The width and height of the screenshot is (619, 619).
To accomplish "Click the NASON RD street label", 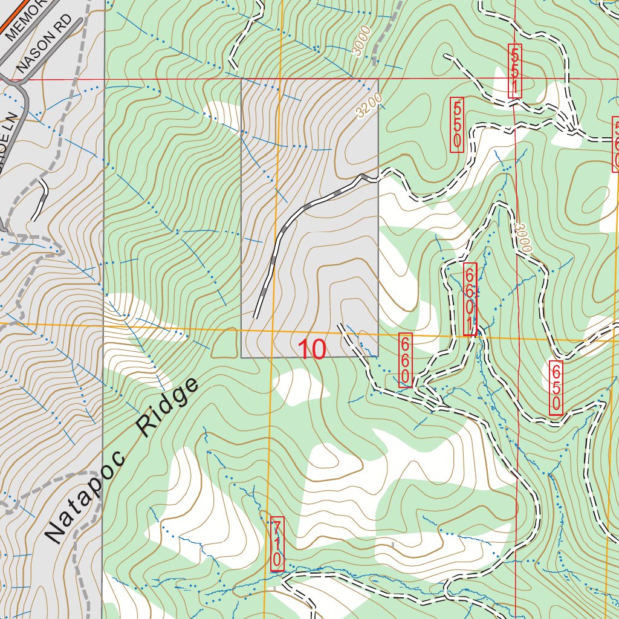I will point(48,44).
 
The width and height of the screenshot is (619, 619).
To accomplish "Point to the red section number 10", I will point(312,349).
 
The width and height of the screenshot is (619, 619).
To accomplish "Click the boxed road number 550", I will point(457,125).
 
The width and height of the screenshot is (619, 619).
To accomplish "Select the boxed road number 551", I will point(514,71).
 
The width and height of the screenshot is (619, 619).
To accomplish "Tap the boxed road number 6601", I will point(470,299).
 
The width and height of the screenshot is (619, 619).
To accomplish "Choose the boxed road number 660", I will point(405,360).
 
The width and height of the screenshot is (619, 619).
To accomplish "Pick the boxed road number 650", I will point(556,387).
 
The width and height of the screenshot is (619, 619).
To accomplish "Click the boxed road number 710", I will point(277,544).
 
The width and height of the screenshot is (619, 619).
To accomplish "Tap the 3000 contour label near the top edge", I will point(363,44).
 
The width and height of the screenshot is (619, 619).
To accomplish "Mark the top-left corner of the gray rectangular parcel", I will point(242,79).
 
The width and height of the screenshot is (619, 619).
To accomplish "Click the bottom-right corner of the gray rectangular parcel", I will point(378,356).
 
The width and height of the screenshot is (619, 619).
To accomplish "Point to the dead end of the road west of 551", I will point(446,56).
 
